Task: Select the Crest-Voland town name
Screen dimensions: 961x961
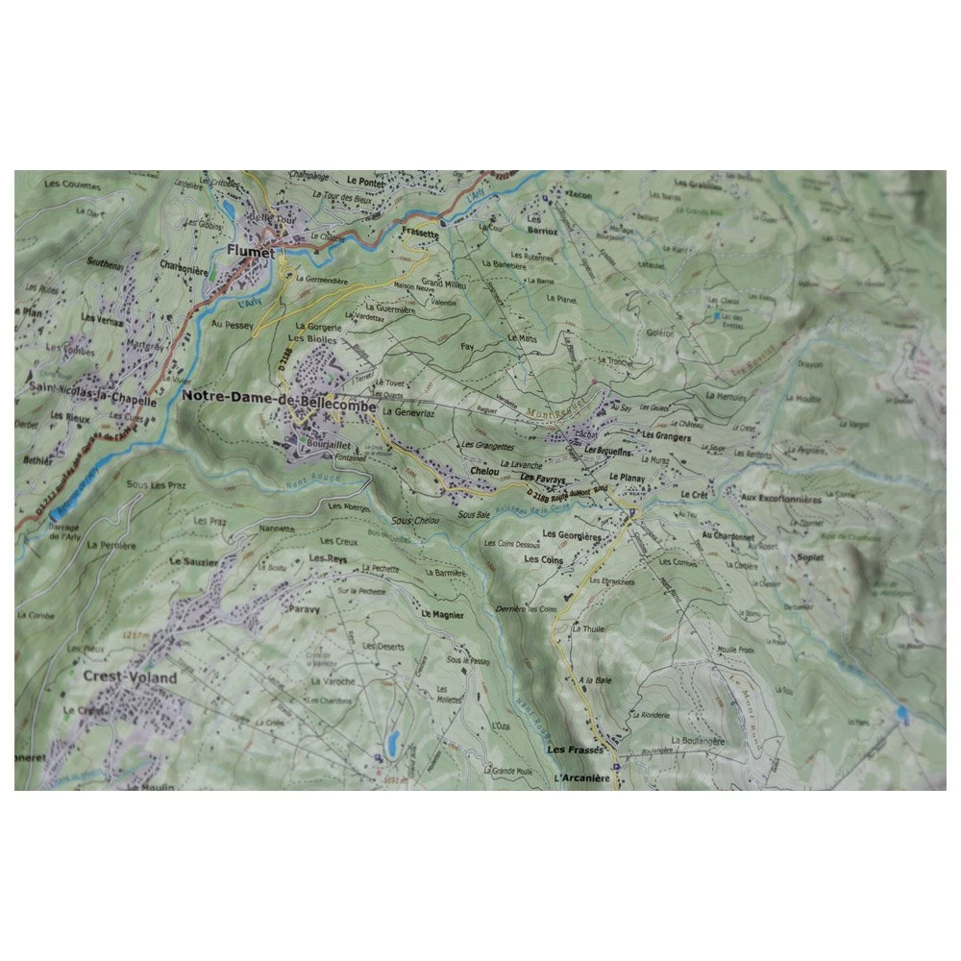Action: click(x=131, y=678)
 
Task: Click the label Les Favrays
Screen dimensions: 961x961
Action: click(x=540, y=478)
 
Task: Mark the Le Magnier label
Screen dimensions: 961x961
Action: click(x=442, y=614)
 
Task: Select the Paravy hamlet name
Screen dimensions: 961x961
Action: click(x=300, y=608)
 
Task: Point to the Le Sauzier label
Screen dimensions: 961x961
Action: click(x=191, y=560)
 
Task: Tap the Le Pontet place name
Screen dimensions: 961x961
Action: click(x=365, y=181)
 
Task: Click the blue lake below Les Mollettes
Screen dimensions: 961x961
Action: click(x=392, y=741)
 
